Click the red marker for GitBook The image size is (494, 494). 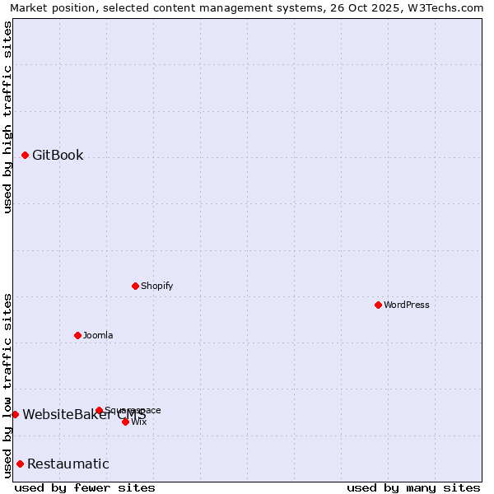tap(25, 155)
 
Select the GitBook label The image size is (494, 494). tap(58, 155)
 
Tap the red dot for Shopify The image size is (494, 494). tap(135, 286)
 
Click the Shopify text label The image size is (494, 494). tap(156, 286)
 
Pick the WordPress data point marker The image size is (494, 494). tap(378, 305)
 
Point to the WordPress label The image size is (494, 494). tap(407, 305)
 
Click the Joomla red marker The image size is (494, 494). tap(77, 335)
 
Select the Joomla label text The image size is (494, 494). tap(98, 335)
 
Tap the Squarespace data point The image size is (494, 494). tap(99, 410)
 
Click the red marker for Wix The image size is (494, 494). tap(125, 422)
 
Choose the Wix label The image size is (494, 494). tap(138, 422)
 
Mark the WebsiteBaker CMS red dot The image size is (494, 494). tap(15, 414)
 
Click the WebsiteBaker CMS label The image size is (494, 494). tap(84, 414)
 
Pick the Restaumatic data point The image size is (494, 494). tap(20, 464)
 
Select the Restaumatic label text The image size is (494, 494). tap(68, 464)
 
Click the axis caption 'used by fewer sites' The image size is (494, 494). tap(85, 487)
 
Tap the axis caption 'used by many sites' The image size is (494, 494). tap(413, 487)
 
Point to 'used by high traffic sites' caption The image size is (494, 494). tap(7, 117)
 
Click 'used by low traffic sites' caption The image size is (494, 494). tap(7, 385)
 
